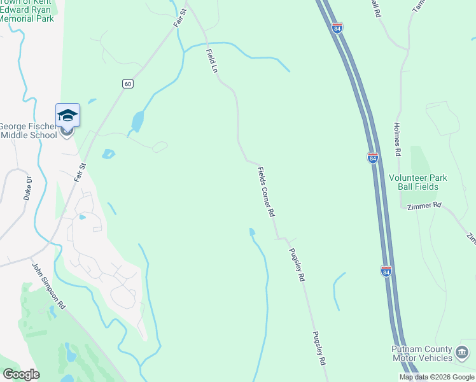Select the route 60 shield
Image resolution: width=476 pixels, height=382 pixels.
point(128,84)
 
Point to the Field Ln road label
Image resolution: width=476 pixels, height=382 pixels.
point(211,61)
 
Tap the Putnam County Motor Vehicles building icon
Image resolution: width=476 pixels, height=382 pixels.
point(462,351)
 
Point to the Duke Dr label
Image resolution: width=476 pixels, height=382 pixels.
point(27,188)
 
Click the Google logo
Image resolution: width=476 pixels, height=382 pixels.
point(21,374)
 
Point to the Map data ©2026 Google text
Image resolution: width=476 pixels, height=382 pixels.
point(437,377)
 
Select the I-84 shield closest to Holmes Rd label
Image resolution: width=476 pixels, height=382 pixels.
point(372,157)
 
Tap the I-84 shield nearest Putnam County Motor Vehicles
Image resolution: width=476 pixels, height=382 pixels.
point(386,271)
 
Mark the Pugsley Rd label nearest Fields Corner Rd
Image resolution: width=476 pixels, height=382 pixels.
point(297,265)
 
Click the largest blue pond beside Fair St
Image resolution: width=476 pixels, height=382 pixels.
point(137,120)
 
